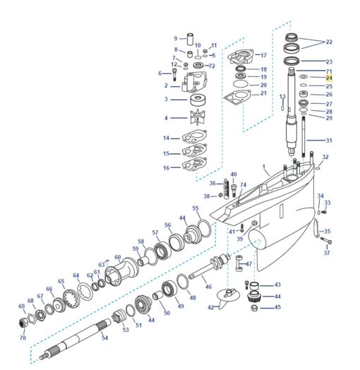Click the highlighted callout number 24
(329, 78)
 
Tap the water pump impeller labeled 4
(198, 117)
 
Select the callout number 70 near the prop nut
(23, 338)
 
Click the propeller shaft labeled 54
(75, 339)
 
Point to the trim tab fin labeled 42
(228, 297)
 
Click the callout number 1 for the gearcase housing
(264, 167)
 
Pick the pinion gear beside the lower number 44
(253, 297)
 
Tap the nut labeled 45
(254, 308)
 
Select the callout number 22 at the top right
(329, 42)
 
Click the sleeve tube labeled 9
(190, 39)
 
